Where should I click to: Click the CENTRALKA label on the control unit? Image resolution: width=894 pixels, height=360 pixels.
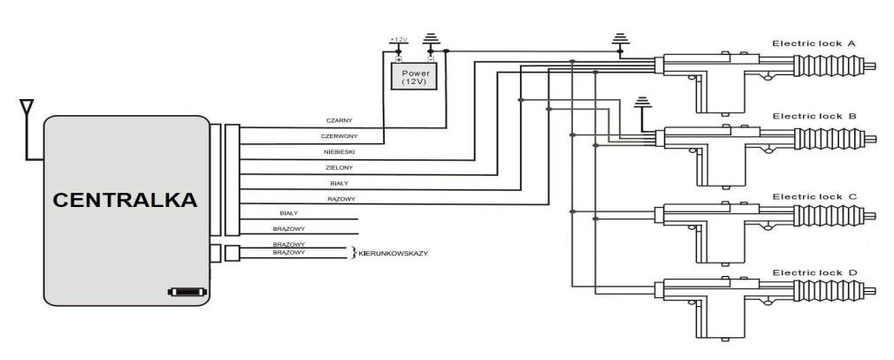(126, 201)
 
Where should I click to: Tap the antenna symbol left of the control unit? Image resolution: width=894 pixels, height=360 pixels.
(27, 110)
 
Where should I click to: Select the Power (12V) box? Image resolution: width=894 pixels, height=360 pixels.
(415, 75)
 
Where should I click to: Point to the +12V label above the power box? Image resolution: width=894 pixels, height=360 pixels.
(397, 41)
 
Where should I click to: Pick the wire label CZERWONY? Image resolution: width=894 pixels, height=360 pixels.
(340, 137)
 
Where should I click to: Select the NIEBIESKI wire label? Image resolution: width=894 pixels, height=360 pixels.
(340, 152)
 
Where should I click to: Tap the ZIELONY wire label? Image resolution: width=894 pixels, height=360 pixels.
(340, 167)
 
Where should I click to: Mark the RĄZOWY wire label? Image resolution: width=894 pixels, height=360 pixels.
(340, 199)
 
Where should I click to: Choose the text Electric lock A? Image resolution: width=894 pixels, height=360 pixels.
(814, 42)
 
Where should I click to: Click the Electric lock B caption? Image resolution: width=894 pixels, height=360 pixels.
(814, 116)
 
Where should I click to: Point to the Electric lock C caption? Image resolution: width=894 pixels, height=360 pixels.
(814, 195)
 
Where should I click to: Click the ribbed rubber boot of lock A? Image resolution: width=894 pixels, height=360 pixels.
(829, 65)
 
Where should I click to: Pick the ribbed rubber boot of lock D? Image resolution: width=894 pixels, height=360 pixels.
(829, 292)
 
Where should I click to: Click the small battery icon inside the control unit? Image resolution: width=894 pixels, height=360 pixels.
(187, 291)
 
